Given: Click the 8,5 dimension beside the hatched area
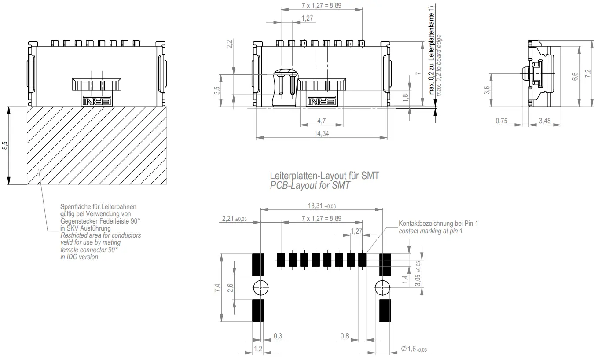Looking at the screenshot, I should (x=5, y=146).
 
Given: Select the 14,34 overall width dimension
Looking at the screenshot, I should (x=321, y=133).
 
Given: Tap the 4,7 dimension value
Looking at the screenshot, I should (x=321, y=120).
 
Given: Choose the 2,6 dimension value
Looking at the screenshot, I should (x=231, y=288).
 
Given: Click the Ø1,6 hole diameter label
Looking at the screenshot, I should (x=414, y=349).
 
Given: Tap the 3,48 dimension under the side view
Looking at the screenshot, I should (x=543, y=121).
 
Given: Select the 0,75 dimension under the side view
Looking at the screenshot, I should (x=502, y=121).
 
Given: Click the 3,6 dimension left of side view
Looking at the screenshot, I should (x=487, y=90).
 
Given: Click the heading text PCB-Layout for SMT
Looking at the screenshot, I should (x=310, y=186).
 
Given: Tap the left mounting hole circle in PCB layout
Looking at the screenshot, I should (x=260, y=288).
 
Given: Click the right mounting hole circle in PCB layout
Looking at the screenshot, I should (x=382, y=288).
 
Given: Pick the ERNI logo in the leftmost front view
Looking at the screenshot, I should (x=97, y=101).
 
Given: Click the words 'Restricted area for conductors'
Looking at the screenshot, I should (x=100, y=235).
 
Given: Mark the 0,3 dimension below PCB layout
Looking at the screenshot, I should (x=278, y=336).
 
